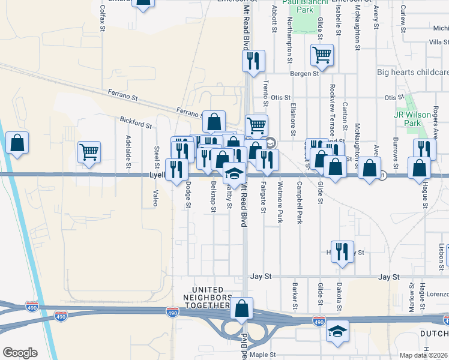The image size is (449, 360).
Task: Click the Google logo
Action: click(x=20, y=353)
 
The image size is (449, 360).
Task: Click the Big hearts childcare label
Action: click(x=412, y=73)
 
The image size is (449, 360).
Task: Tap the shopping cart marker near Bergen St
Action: click(x=322, y=56)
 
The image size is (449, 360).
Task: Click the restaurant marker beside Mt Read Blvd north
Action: click(x=253, y=61)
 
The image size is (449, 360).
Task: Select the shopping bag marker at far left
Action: click(x=17, y=143)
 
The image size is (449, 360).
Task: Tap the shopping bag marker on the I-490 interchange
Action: click(x=241, y=308)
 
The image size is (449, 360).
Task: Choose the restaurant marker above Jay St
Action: click(x=342, y=251)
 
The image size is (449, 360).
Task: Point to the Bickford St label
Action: click(x=135, y=122)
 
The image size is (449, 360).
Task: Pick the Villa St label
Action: click(x=439, y=42)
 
